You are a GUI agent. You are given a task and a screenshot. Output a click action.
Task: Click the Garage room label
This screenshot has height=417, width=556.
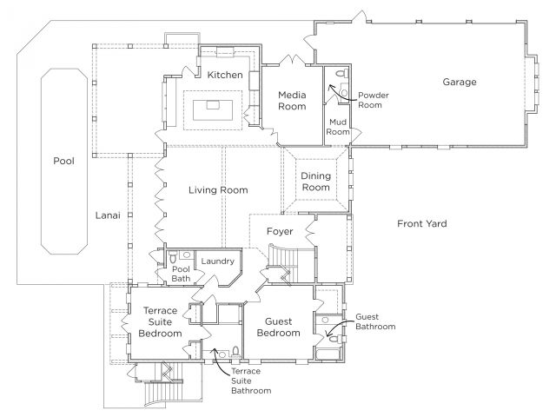460,82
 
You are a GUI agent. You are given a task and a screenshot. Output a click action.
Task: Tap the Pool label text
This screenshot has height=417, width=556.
63,161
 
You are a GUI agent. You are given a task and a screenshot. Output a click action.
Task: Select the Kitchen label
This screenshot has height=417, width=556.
225,75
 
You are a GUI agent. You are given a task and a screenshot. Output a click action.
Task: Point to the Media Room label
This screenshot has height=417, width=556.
292,101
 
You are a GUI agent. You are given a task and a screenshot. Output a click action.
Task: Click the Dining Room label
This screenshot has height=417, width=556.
315,182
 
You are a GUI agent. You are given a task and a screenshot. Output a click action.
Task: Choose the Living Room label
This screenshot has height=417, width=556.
218,190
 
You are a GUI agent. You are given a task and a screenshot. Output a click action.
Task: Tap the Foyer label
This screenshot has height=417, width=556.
280,232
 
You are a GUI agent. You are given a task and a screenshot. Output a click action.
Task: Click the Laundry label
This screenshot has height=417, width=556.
218,261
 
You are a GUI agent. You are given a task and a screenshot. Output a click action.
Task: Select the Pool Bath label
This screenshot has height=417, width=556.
181,274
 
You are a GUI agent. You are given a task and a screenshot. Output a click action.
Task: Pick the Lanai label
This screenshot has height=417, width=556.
108,215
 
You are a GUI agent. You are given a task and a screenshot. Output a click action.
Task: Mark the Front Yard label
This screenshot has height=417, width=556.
422,224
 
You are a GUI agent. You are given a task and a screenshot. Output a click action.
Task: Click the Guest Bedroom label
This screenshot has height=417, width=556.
278,328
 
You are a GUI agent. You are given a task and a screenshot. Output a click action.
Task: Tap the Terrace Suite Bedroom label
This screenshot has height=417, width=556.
160,322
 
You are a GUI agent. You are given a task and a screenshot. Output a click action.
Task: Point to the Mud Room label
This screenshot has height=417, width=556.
338,127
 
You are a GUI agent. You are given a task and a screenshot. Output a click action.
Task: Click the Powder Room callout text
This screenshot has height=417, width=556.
374,100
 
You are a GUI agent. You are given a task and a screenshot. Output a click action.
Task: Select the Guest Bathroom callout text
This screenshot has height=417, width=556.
375,321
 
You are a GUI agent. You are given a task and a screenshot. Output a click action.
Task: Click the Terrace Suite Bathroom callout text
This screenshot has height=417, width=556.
251,381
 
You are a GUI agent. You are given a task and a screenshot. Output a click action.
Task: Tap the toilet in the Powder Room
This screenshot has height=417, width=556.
342,73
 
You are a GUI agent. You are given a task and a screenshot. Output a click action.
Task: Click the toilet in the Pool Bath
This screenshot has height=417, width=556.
173,256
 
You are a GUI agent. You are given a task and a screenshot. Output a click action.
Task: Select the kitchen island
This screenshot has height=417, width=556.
213,110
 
